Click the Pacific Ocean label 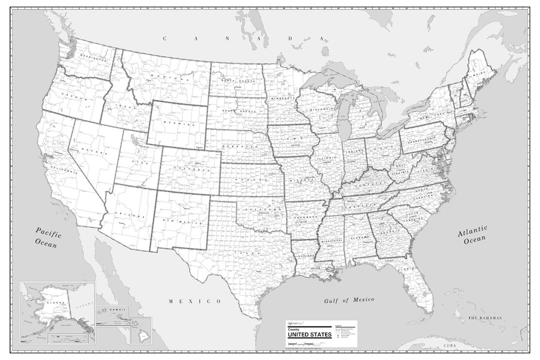[x=47, y=237]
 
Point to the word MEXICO [x=194, y=301]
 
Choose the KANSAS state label [x=251, y=177]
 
